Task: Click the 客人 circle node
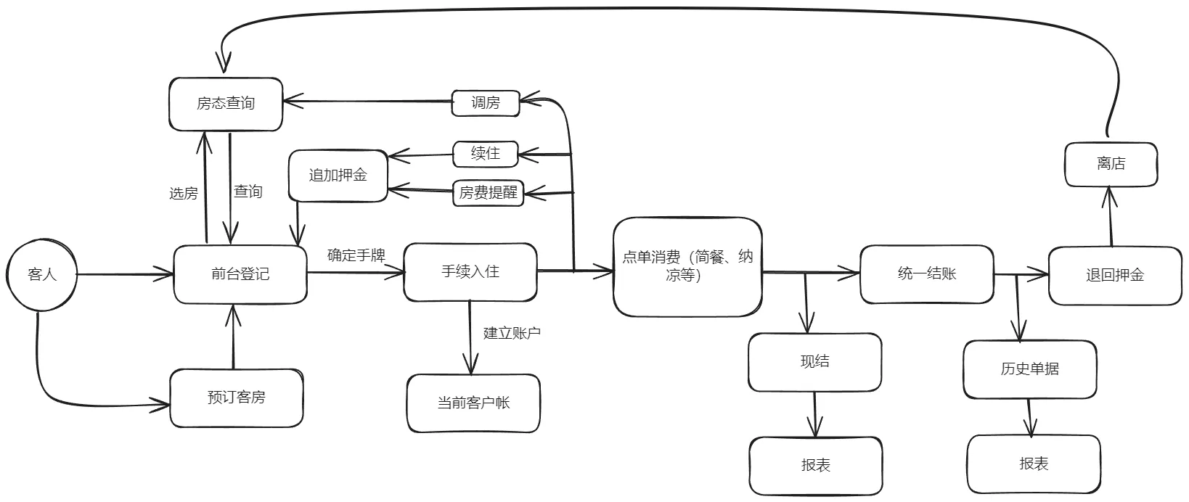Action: point(42,275)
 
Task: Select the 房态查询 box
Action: point(226,104)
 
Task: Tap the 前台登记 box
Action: point(240,274)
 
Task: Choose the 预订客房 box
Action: point(237,398)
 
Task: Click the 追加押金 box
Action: point(338,175)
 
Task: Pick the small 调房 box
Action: point(486,103)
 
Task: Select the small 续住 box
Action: point(486,154)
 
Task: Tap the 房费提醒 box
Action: point(488,193)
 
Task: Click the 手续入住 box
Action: point(470,272)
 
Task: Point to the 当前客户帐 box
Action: point(473,403)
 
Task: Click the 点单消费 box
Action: point(687,266)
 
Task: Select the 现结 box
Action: point(814,362)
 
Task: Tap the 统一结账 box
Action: point(926,274)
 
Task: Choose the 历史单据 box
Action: point(1029,369)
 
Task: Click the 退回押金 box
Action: point(1115,275)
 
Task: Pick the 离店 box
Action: point(1111,164)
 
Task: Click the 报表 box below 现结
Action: point(815,466)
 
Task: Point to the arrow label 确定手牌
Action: point(356,255)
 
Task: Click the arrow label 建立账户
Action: point(512,333)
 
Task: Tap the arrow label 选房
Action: point(183,194)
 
